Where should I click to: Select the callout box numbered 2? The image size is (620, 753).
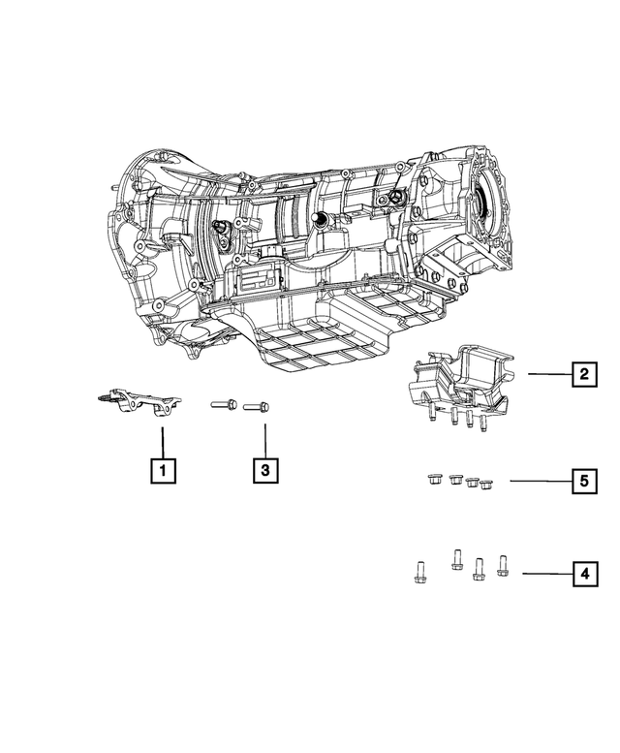pyautogui.click(x=583, y=373)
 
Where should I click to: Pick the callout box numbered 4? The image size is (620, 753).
pyautogui.click(x=583, y=575)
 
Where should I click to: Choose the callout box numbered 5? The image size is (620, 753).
pyautogui.click(x=583, y=481)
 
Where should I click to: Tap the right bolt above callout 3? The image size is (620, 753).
pyautogui.click(x=256, y=407)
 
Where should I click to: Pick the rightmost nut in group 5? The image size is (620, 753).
pyautogui.click(x=485, y=484)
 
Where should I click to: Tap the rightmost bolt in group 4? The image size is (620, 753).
pyautogui.click(x=501, y=564)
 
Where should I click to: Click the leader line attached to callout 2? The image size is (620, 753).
pyautogui.click(x=548, y=373)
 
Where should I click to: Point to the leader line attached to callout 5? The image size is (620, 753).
pyautogui.click(x=538, y=481)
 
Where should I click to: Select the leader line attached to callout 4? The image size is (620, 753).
pyautogui.click(x=544, y=575)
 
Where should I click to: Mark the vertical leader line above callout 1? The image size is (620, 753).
pyautogui.click(x=163, y=439)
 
